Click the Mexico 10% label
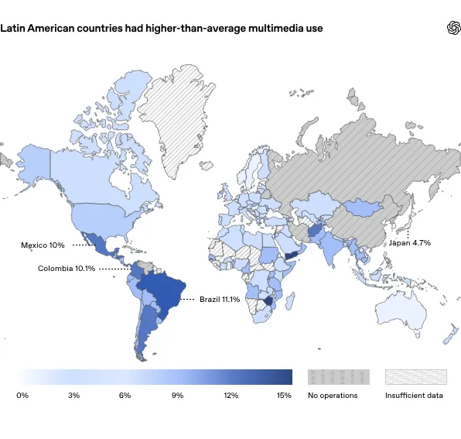coord(43,245)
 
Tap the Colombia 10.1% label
coord(67,269)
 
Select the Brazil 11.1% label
coord(220,299)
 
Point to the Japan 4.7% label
coord(409,243)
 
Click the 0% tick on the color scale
coord(22,395)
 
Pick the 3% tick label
coord(73,395)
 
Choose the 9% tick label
coord(178,395)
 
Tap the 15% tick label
coord(284,395)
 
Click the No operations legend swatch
coord(339,377)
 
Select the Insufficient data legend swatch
coord(416,377)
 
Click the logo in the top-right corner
coord(453,28)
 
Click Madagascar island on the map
coord(291,300)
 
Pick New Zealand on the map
coord(451,334)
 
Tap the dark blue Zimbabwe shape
coord(268,301)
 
